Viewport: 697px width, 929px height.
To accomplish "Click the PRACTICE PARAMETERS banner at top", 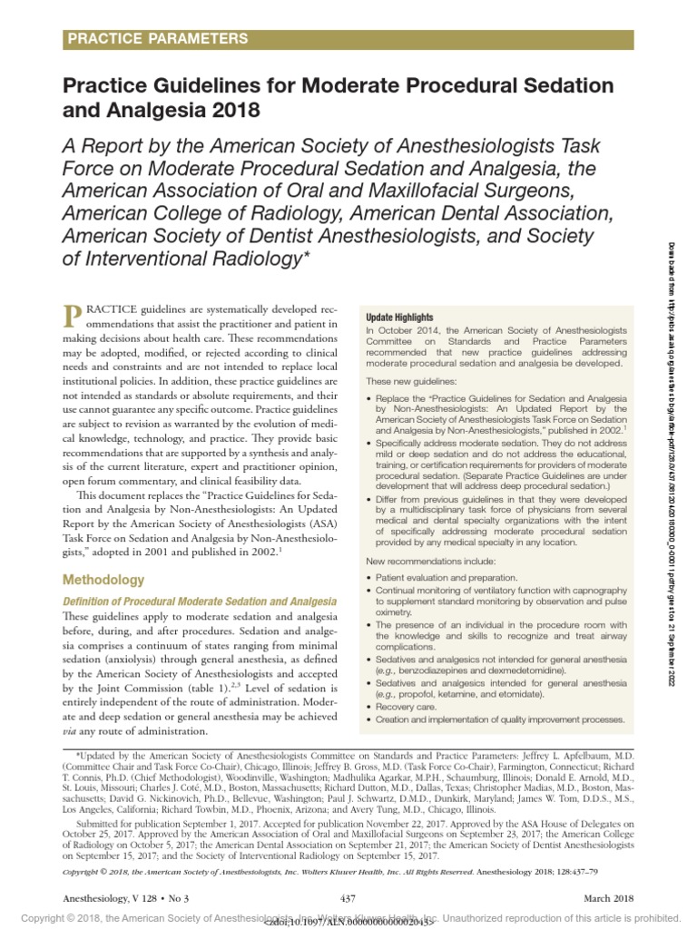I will (x=155, y=38).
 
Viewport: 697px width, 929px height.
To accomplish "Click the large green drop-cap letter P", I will (x=72, y=317).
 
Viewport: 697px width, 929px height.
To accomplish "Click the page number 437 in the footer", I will (x=348, y=899).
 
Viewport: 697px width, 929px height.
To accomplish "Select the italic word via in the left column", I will (x=71, y=731).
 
